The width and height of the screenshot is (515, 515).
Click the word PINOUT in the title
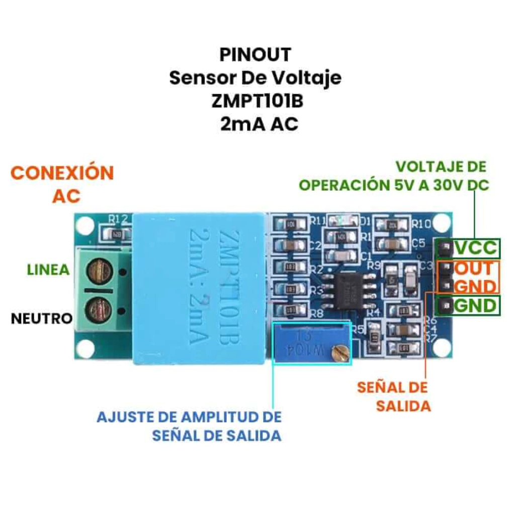pos(255,54)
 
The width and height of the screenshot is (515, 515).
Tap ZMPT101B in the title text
pos(257,101)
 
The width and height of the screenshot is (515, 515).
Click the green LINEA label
pos(48,269)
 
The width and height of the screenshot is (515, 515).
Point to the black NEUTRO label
pos(42,318)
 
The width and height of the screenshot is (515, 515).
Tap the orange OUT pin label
pos(475,268)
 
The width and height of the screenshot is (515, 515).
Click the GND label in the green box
pos(476,305)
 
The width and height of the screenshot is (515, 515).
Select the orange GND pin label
pos(475,286)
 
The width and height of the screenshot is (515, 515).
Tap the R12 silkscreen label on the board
pos(118,219)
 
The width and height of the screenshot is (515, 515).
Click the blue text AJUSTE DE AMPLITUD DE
pos(189,417)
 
